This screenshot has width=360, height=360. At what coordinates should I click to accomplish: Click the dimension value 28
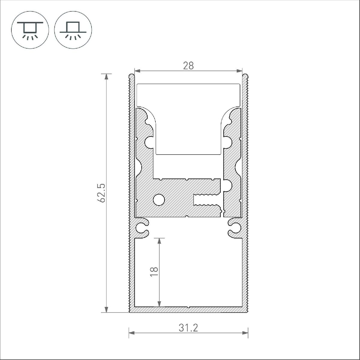coord(188,65)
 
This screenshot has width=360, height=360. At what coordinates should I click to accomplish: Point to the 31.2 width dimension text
coord(188,328)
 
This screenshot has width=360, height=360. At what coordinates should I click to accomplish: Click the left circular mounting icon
coord(30,30)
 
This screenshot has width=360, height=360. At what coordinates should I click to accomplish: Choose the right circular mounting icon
coord(73,30)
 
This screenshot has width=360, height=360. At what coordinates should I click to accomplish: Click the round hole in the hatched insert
coord(159,200)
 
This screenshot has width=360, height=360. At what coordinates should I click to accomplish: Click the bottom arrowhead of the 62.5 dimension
coord(106,310)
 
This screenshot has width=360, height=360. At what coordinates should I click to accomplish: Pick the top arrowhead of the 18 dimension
coord(159,241)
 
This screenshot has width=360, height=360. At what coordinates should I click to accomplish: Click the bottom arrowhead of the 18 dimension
coord(159,304)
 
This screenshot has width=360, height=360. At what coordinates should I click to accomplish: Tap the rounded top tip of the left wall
coord(131,75)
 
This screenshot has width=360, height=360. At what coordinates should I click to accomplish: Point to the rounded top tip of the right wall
coord(245,75)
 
